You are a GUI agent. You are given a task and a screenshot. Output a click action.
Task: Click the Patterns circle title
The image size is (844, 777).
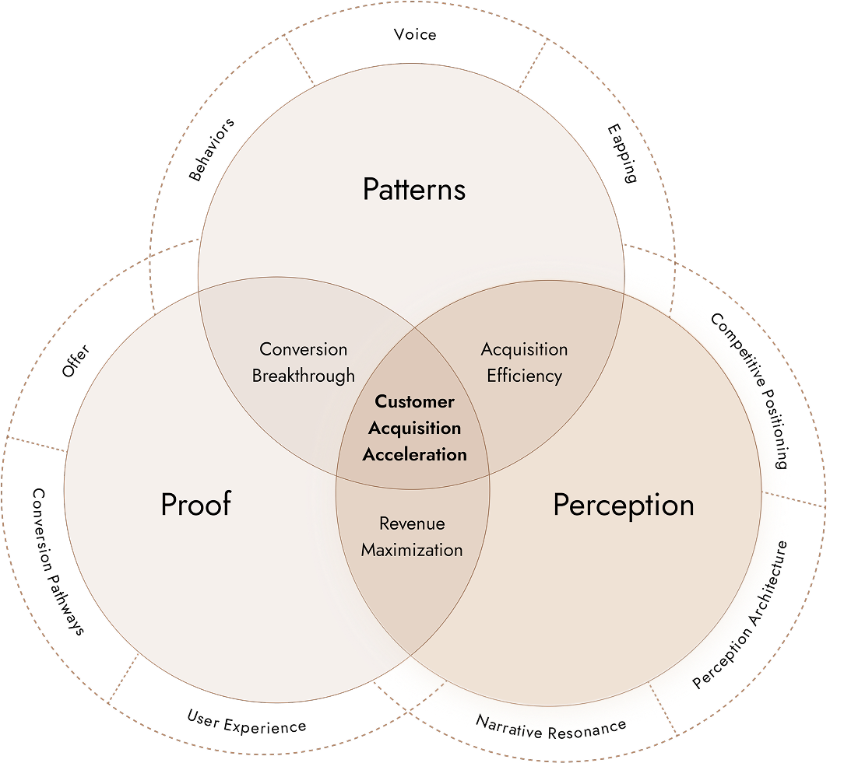(414, 189)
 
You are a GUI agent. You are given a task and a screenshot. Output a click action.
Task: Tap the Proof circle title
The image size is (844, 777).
(196, 504)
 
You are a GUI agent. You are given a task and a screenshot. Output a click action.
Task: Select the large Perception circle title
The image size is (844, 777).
(623, 505)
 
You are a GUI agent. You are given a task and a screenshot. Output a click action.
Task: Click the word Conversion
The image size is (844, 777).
(303, 349)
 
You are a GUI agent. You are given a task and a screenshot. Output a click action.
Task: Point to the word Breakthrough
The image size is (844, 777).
(303, 376)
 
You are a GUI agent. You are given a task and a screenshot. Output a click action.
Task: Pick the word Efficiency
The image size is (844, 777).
(524, 376)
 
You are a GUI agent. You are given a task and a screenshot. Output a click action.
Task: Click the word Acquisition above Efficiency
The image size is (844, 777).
(524, 349)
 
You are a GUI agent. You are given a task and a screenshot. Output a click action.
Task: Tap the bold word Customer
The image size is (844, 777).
(414, 402)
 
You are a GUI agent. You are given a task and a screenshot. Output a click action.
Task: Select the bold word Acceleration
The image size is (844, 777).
(414, 454)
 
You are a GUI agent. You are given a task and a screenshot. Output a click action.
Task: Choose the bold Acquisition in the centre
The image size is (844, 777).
(414, 428)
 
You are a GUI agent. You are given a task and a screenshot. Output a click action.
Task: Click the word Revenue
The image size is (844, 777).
(412, 523)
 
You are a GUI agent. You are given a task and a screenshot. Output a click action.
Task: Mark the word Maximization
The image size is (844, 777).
(412, 550)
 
